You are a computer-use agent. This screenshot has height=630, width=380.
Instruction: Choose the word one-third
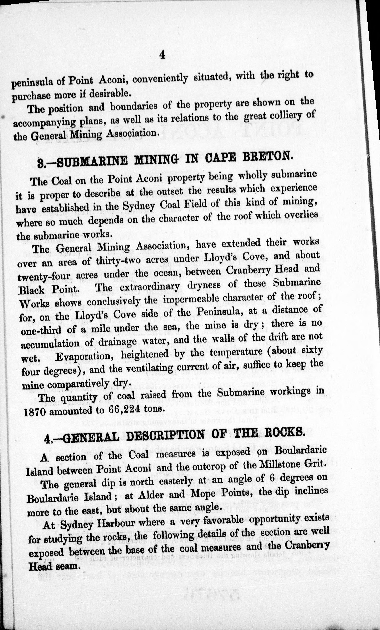tap(41, 331)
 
